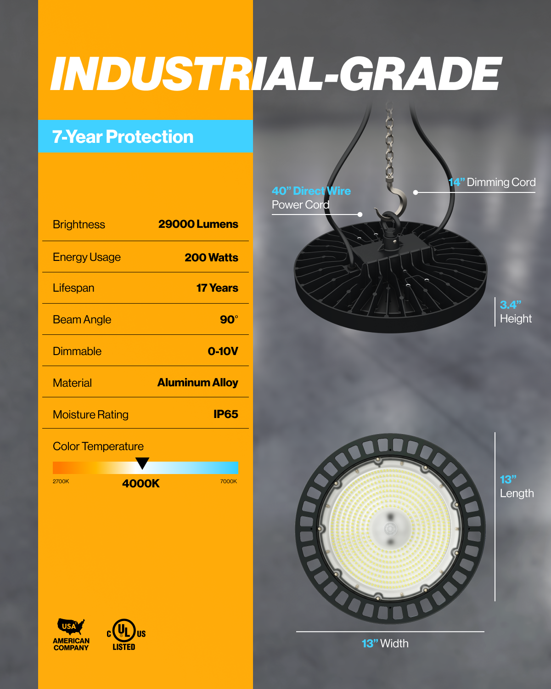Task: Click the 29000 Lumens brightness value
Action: pyautogui.click(x=198, y=224)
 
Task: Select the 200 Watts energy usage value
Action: pyautogui.click(x=211, y=257)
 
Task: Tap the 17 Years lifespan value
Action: pyautogui.click(x=217, y=288)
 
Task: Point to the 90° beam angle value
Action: pyautogui.click(x=229, y=319)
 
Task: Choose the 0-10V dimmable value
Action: pyautogui.click(x=223, y=351)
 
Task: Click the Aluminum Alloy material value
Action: pyautogui.click(x=198, y=383)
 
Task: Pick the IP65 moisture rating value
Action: pyautogui.click(x=226, y=414)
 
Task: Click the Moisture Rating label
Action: pyautogui.click(x=90, y=415)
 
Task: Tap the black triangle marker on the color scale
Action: pyautogui.click(x=142, y=463)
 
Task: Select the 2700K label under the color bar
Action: pyautogui.click(x=61, y=481)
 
